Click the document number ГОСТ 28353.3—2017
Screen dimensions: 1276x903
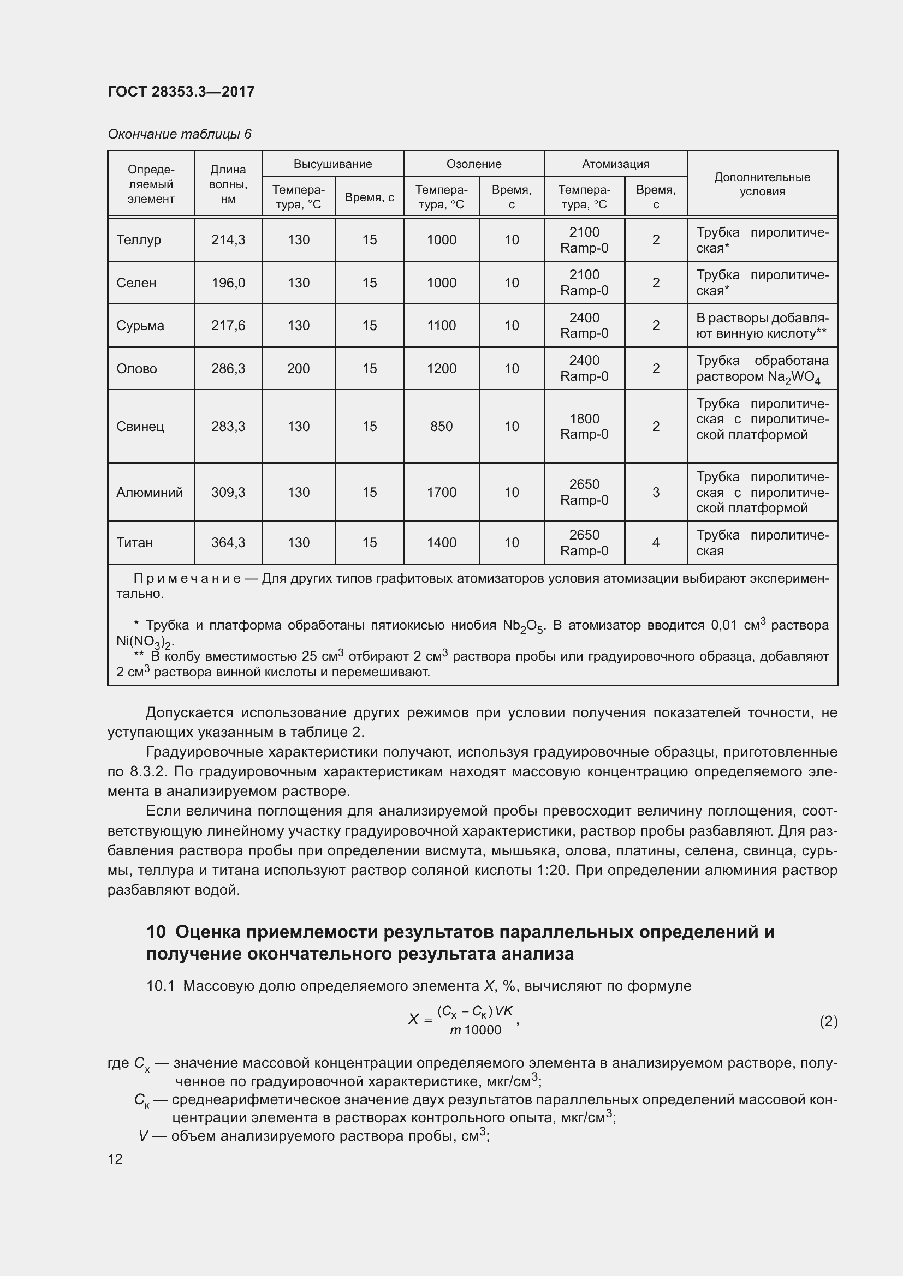click(181, 92)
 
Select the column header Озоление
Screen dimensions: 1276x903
click(474, 164)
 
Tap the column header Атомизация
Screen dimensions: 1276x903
click(615, 164)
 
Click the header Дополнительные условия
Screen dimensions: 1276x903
click(762, 184)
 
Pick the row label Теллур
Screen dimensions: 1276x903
click(139, 239)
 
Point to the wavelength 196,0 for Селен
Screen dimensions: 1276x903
click(228, 283)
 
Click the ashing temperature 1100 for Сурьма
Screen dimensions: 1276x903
click(442, 326)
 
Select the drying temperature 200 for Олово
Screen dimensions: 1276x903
click(298, 368)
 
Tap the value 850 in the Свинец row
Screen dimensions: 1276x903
click(442, 426)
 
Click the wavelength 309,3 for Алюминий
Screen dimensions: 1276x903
click(228, 493)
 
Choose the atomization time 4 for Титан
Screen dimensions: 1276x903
click(656, 542)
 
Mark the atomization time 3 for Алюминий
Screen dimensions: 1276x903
click(656, 493)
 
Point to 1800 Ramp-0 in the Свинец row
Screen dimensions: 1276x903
click(584, 426)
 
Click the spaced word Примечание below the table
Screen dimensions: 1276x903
click(187, 578)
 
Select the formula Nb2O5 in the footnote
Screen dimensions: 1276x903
click(524, 626)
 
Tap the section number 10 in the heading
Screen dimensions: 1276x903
click(156, 932)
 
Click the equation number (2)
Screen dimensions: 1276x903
click(828, 1021)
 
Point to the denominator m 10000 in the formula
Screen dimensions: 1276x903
click(476, 1031)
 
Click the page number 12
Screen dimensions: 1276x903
click(115, 1159)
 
